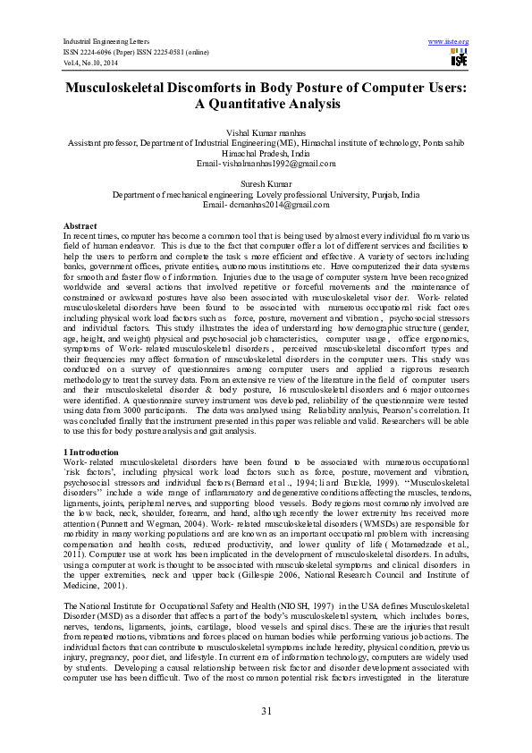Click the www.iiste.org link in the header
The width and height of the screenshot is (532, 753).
(449, 42)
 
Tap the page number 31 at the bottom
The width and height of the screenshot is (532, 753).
(266, 710)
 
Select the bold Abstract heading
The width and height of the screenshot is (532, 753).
(80, 226)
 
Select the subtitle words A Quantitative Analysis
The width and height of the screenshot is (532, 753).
(266, 105)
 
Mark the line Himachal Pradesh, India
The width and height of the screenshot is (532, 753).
(266, 152)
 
